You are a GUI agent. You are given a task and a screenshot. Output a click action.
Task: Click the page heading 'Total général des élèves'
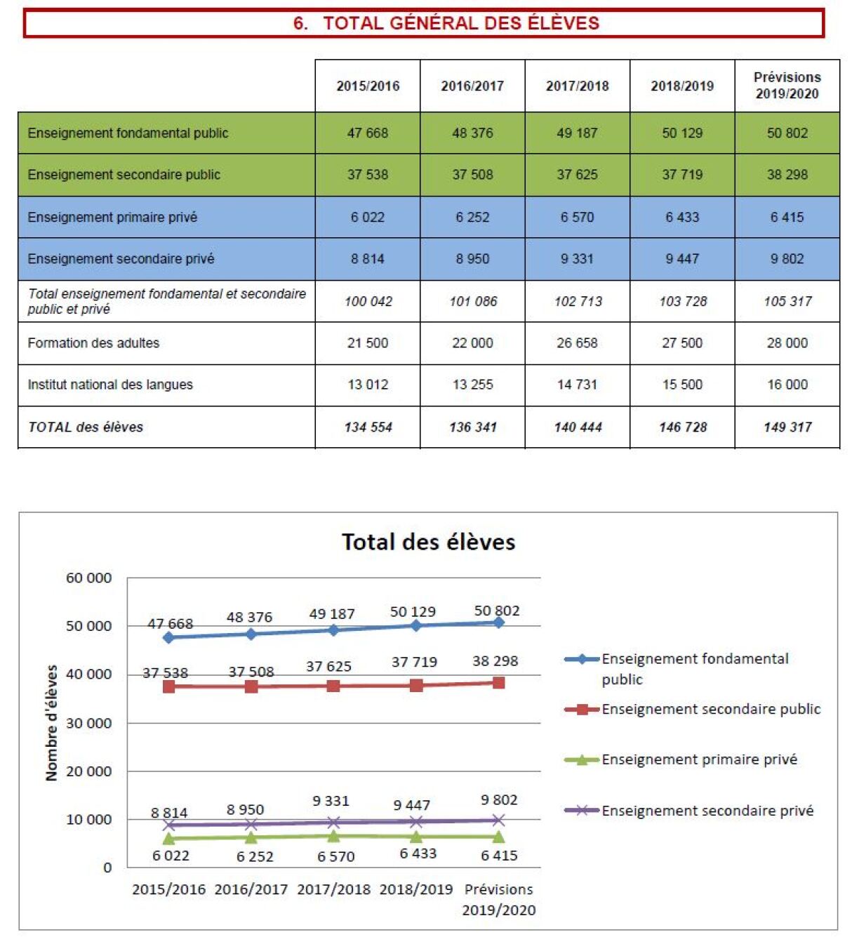point(446,23)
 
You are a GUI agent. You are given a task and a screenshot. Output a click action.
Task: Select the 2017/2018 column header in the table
point(577,86)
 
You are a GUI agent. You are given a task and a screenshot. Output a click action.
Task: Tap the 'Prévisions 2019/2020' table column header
point(787,86)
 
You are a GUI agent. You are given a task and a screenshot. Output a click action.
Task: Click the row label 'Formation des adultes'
point(93,343)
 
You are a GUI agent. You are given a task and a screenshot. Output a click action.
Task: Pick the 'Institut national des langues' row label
point(110,385)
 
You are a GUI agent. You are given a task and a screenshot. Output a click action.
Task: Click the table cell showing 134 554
point(368,427)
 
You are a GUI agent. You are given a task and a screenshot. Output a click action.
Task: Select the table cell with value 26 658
point(577,343)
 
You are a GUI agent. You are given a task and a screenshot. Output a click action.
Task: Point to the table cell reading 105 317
point(787,301)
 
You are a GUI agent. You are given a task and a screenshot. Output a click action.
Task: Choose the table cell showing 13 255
point(472,385)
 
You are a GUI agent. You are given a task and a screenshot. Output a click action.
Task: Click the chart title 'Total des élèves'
point(428,542)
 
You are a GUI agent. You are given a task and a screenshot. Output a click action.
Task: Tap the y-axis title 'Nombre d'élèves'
point(51,723)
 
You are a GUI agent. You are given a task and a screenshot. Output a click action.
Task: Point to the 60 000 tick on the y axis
point(88,578)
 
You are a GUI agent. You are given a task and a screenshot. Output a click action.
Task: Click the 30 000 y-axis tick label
point(88,724)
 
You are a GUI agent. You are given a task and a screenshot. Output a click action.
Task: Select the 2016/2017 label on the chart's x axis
point(251,889)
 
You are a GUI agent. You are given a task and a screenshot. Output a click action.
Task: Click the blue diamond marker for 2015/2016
point(168,637)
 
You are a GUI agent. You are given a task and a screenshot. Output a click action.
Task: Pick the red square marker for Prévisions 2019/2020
point(498,682)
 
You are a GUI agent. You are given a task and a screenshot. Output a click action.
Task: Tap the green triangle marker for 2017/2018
point(333,836)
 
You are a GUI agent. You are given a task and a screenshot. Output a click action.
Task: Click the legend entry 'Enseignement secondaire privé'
point(707,811)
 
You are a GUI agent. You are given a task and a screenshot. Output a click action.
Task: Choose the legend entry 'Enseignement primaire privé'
point(699,759)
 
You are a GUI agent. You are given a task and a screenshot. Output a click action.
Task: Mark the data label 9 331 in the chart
point(331,801)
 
